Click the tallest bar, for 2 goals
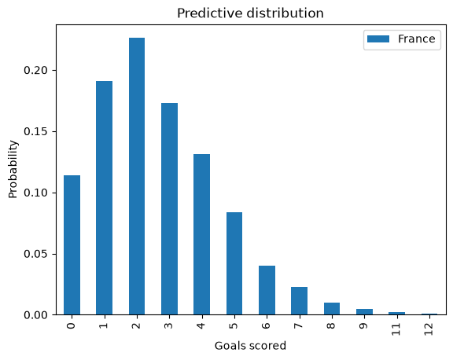click(x=137, y=176)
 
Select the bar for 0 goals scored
click(x=72, y=244)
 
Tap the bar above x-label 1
click(x=105, y=198)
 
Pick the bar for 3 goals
click(x=170, y=209)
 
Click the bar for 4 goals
click(x=202, y=234)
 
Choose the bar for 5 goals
click(x=234, y=263)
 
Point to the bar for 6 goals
click(x=267, y=290)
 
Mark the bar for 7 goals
click(x=300, y=301)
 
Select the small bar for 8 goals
click(x=332, y=309)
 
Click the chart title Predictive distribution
click(x=250, y=13)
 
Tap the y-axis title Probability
click(x=13, y=169)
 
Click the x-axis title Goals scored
click(x=250, y=346)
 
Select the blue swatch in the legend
click(x=378, y=39)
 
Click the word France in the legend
click(x=417, y=39)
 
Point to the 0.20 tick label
click(x=36, y=71)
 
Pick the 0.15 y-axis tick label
click(x=36, y=131)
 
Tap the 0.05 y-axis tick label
click(x=36, y=254)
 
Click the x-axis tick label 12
click(x=429, y=329)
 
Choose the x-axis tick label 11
click(x=396, y=329)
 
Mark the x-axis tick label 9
click(x=364, y=326)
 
